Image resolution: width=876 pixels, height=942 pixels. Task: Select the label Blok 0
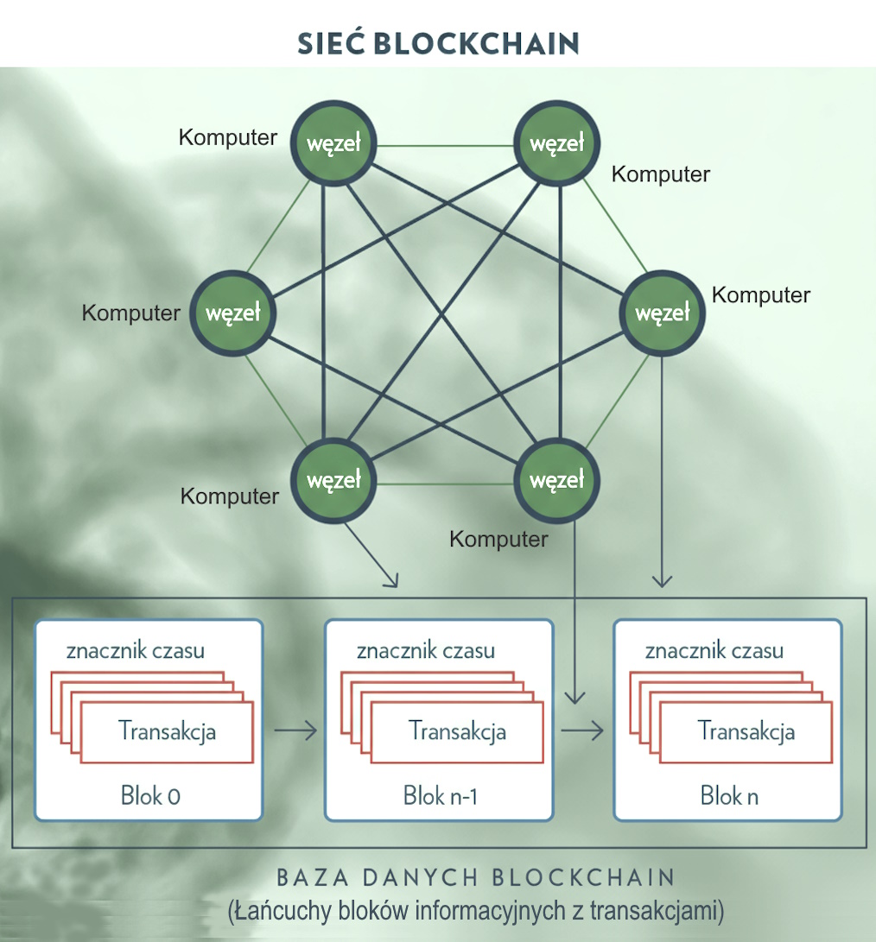[x=150, y=795]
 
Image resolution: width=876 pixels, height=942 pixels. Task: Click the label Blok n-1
[x=440, y=795]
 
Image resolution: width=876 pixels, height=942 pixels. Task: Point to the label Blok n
[x=729, y=795]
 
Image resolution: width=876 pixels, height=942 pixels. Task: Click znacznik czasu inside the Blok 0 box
[x=135, y=650]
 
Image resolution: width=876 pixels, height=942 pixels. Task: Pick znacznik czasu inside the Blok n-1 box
[x=425, y=650]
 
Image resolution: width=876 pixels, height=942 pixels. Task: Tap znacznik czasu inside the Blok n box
[x=714, y=650]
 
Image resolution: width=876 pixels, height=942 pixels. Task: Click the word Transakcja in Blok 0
[x=167, y=731]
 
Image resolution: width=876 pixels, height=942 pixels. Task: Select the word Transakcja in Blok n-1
[x=457, y=731]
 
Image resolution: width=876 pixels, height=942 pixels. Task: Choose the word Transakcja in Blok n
[x=746, y=731]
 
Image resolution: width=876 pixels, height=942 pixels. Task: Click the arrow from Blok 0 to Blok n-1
[x=295, y=731]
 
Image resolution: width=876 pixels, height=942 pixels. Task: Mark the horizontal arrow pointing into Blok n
[x=581, y=731]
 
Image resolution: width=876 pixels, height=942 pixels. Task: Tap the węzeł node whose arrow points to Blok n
[x=663, y=313]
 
